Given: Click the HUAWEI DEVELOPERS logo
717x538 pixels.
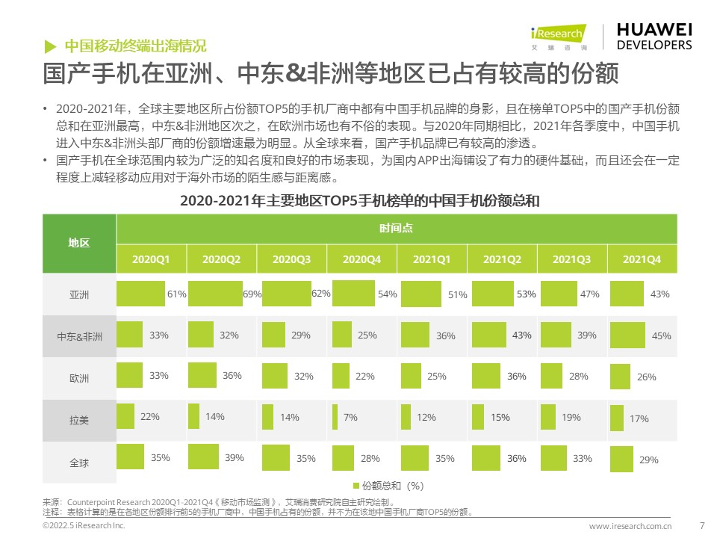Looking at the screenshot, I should click(x=654, y=36).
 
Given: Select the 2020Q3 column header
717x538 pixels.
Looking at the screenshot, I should click(x=291, y=259).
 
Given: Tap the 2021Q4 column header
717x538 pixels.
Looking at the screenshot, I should click(x=642, y=259).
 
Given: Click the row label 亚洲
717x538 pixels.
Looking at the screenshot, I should click(x=79, y=294).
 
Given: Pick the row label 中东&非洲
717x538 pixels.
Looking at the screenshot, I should click(x=79, y=336).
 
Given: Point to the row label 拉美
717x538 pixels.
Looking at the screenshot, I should click(x=79, y=420).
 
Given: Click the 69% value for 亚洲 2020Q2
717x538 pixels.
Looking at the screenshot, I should click(x=252, y=294).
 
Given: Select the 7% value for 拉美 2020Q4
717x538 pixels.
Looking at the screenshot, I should click(x=350, y=418).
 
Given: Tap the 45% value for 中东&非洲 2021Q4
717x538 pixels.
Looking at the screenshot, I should click(x=661, y=336).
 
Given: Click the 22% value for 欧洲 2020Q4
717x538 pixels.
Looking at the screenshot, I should click(x=364, y=377).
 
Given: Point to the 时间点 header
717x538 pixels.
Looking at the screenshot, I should click(x=396, y=228).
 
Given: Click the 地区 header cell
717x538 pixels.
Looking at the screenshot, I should click(x=79, y=243).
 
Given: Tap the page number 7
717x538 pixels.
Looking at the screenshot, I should click(x=701, y=525).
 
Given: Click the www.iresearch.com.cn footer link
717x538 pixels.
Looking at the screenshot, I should click(x=630, y=526).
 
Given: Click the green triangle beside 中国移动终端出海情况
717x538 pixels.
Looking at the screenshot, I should click(x=50, y=45).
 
